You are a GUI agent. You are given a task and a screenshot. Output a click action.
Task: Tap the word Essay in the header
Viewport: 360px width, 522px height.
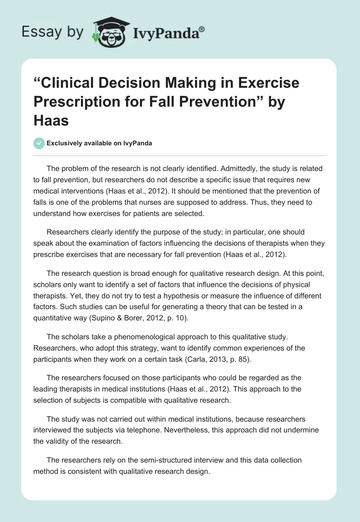click(x=39, y=32)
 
